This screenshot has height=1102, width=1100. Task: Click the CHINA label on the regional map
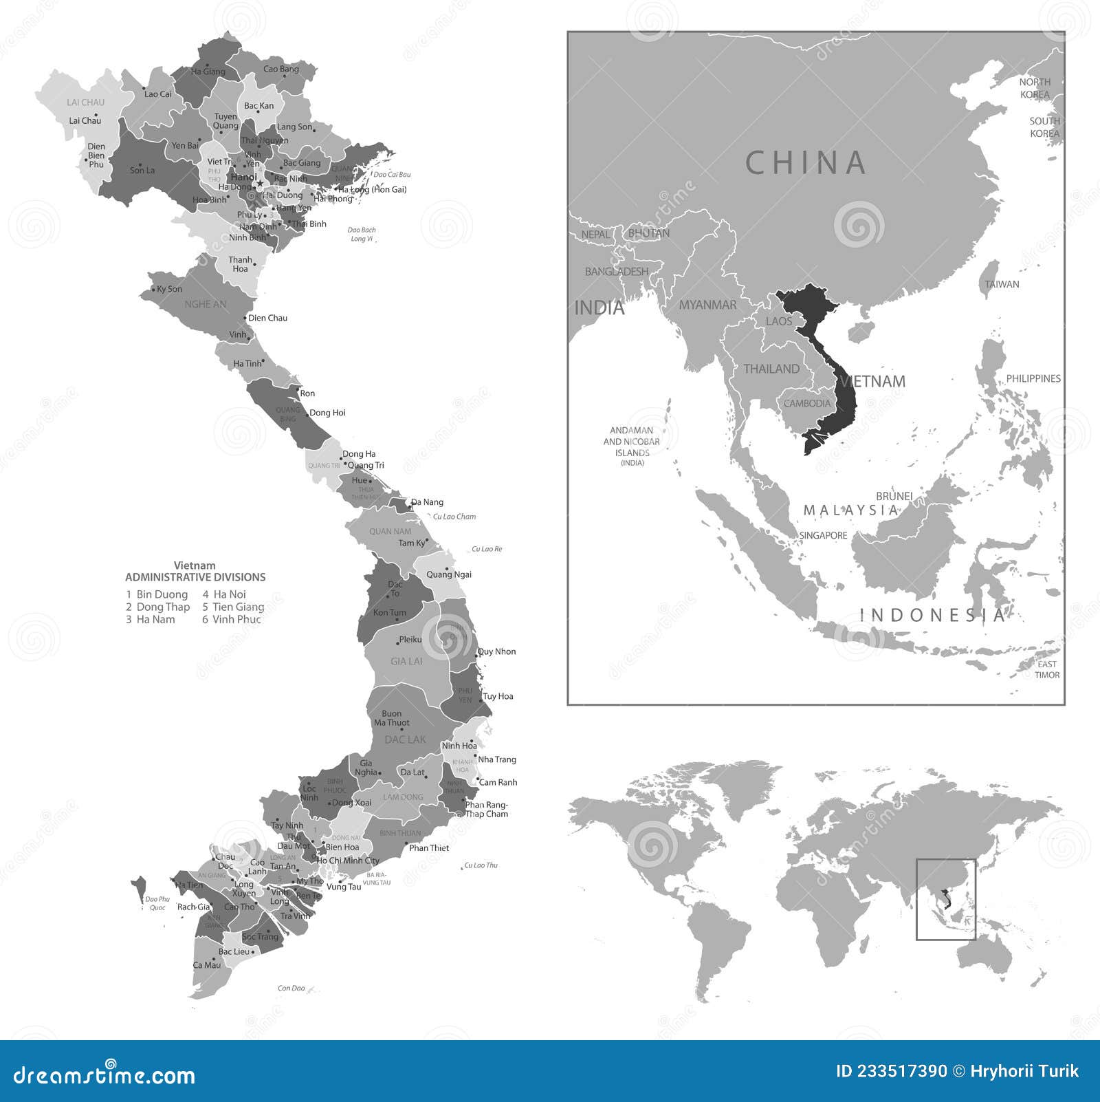806,163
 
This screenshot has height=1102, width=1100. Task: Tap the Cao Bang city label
281,69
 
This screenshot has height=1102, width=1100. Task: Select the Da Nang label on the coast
428,502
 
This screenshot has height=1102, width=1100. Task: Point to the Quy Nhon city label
497,651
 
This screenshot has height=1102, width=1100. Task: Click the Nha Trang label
497,759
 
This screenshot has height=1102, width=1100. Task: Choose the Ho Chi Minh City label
348,861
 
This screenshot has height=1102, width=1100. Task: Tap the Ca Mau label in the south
207,965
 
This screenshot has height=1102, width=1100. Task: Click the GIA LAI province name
406,661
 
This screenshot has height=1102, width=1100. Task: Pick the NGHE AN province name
205,304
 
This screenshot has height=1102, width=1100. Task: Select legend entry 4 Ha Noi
224,594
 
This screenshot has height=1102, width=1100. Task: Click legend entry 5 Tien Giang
233,607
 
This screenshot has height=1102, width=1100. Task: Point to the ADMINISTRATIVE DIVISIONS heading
195,577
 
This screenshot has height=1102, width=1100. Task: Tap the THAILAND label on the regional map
771,369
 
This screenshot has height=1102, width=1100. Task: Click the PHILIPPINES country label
1033,378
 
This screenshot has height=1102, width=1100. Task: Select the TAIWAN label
1002,284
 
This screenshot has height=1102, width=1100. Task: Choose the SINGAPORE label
823,535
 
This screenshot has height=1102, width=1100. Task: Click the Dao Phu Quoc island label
157,903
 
